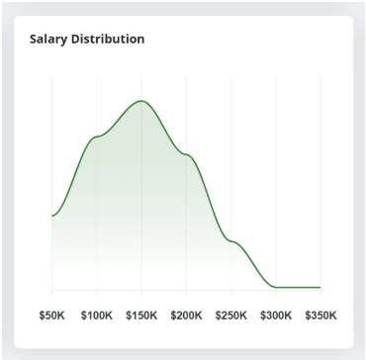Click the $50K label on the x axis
coord(51,315)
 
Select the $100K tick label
coord(96,315)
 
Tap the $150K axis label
coord(141,315)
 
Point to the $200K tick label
coord(186,315)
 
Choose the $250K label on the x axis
coord(231,315)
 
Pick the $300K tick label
coord(276,315)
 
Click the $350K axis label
coord(320,315)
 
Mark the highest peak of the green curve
coord(141,101)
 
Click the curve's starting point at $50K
coord(51,216)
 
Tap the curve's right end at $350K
coord(320,287)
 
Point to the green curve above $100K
coord(96,135)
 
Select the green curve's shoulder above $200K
coord(186,155)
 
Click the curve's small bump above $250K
coord(231,240)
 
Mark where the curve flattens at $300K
coord(276,286)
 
